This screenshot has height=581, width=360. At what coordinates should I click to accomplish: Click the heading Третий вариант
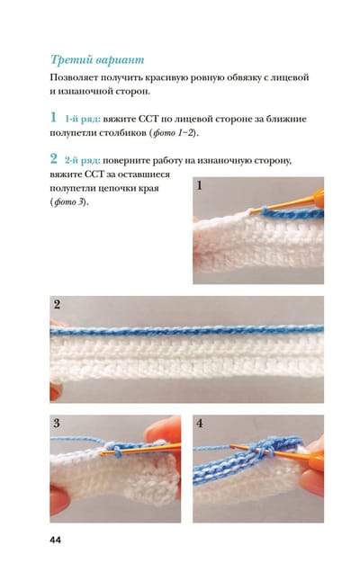click(97, 59)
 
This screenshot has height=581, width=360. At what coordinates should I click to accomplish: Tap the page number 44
click(55, 540)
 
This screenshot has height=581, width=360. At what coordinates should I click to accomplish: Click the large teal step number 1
click(53, 117)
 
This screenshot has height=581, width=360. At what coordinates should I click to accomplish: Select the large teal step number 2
click(54, 158)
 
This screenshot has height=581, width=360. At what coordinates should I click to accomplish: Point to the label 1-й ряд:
click(83, 120)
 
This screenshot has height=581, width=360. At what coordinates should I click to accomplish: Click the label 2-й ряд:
click(83, 161)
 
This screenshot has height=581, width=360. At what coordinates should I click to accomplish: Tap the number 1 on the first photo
click(200, 185)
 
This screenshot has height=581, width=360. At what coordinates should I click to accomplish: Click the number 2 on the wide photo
click(57, 305)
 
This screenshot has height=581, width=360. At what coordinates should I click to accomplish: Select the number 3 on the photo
click(57, 423)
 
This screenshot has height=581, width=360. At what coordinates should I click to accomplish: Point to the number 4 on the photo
click(200, 423)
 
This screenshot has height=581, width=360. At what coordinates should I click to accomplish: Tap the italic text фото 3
click(69, 202)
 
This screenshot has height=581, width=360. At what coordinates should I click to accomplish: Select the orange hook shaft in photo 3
click(141, 449)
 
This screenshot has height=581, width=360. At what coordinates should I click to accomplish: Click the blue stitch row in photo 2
click(187, 330)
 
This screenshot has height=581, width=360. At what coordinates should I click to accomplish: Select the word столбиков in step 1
click(123, 133)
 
